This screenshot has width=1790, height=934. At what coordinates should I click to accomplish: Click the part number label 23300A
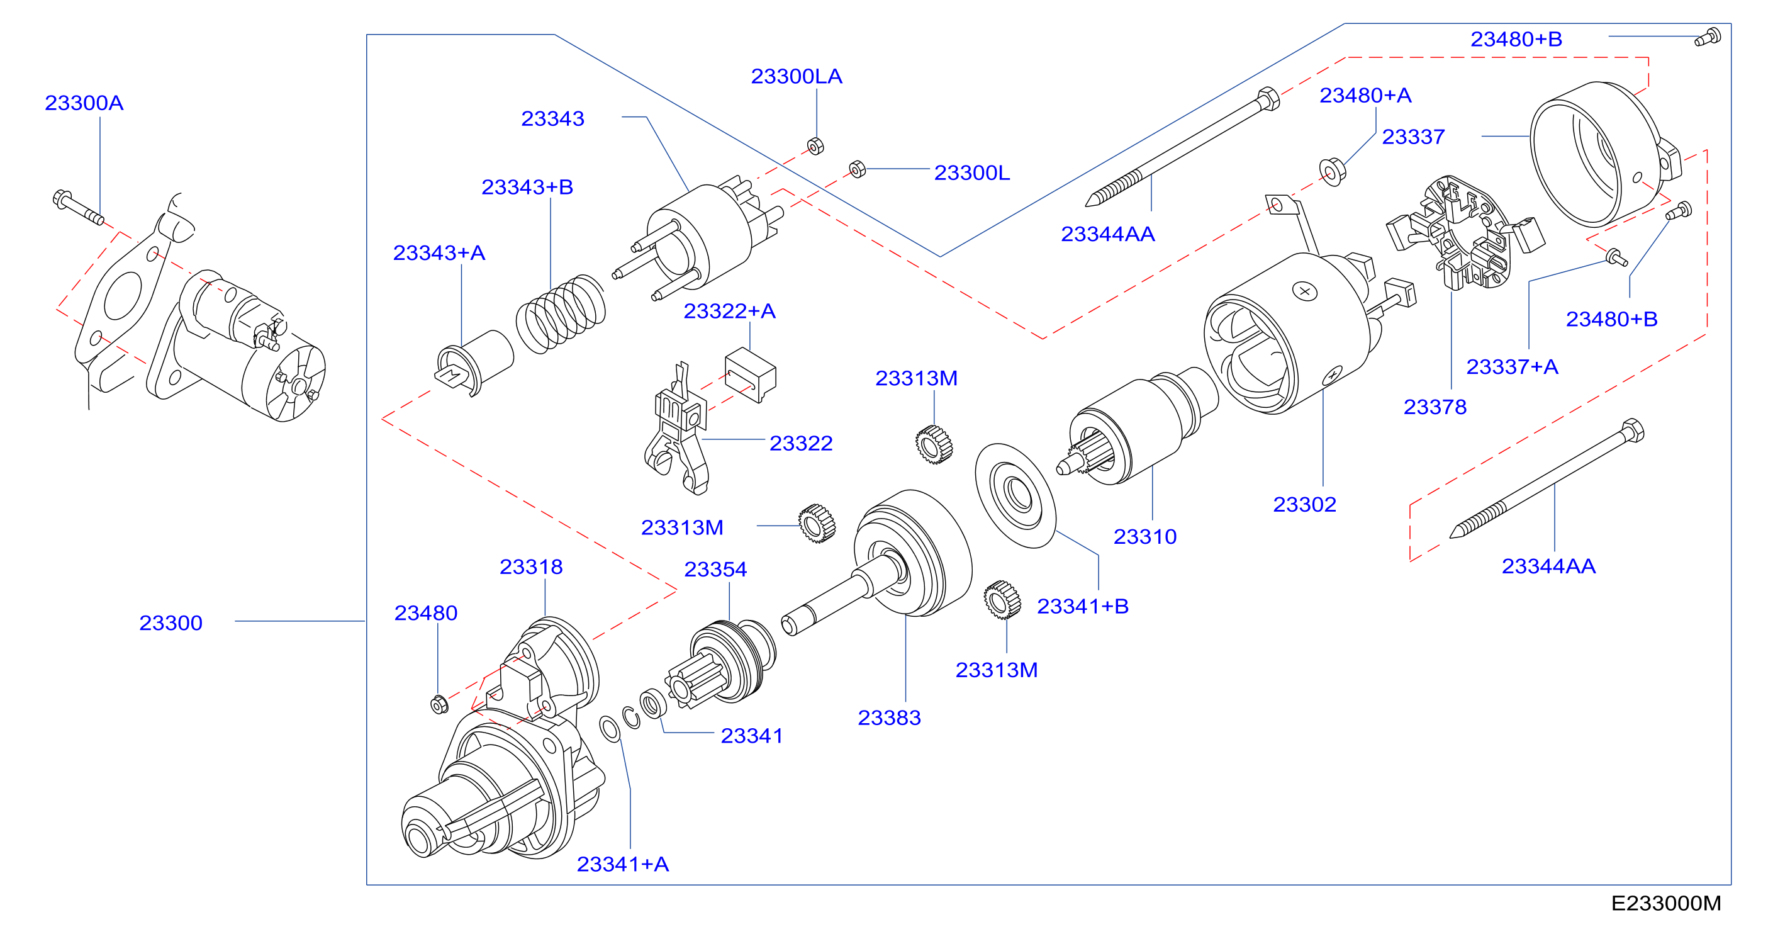pos(84,103)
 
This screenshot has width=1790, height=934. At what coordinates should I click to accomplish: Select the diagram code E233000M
pos(1665,903)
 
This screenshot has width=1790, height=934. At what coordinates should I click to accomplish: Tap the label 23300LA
pos(797,76)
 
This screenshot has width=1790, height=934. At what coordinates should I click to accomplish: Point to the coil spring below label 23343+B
pos(560,314)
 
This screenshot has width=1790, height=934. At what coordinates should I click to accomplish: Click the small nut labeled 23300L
pos(858,169)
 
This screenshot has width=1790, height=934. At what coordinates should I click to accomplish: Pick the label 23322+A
pos(730,311)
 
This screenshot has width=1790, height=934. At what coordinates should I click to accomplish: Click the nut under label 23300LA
pos(816,146)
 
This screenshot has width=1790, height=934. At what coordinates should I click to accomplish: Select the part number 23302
pos(1304,505)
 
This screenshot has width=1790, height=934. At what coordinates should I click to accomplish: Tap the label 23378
pos(1435,407)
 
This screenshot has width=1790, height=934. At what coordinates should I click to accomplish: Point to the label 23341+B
pos(1083,606)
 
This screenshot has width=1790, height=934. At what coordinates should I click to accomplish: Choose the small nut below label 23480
pos(439,704)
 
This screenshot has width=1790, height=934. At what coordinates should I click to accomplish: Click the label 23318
pos(531,567)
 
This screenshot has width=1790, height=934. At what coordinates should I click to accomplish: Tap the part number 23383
pos(889,718)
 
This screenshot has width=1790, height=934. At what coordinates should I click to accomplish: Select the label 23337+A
pos(1512,367)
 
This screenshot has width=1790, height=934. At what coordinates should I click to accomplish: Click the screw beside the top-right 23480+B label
pos(1708,37)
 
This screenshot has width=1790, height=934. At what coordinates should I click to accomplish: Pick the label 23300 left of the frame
pos(171,622)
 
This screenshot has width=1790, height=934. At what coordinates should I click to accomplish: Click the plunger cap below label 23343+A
pos(474,362)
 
